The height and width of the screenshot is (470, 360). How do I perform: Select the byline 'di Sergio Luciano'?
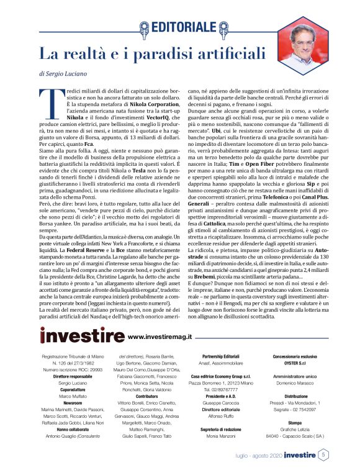coord(63,73)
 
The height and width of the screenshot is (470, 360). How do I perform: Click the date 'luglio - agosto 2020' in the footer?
coord(254,455)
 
